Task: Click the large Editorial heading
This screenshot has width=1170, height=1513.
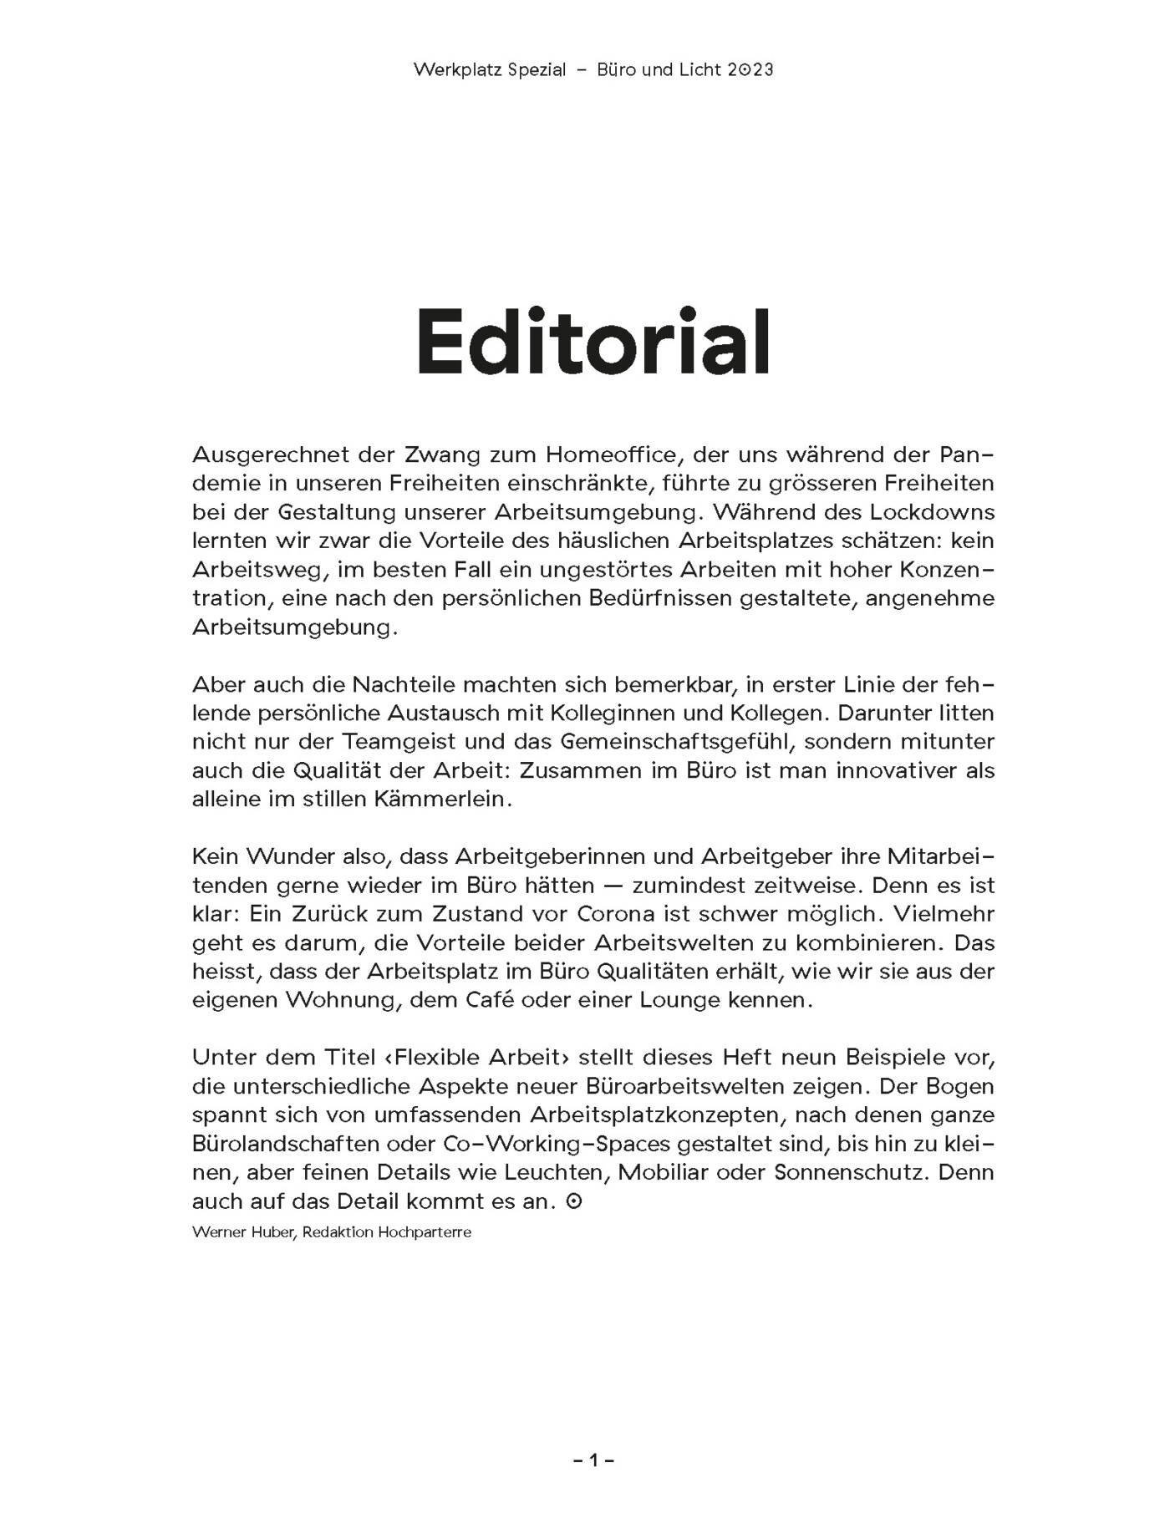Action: pyautogui.click(x=593, y=343)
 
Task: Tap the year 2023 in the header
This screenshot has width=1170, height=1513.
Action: pyautogui.click(x=750, y=70)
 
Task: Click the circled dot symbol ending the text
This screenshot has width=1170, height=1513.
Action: pyautogui.click(x=573, y=1201)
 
